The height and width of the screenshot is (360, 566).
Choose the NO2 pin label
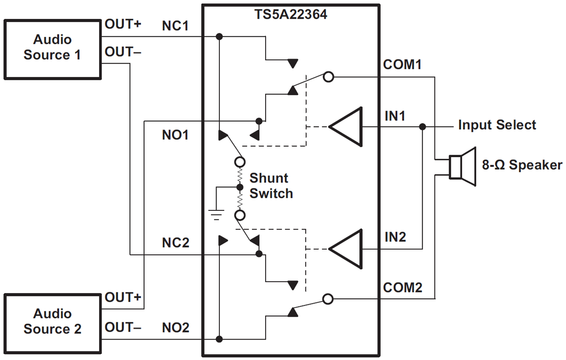coord(175,327)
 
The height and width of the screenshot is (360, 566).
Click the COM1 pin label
coord(402,65)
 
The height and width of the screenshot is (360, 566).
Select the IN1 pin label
coord(395,115)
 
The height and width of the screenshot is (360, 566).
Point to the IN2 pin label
coord(395,237)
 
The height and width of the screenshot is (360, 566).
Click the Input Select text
coord(497,126)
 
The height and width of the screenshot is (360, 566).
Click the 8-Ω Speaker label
coord(522,165)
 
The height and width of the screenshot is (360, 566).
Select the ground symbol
coord(216,215)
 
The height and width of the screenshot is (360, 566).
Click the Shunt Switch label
coord(271,186)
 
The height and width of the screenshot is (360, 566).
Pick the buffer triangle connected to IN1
coord(347,127)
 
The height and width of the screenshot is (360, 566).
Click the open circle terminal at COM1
coord(329,77)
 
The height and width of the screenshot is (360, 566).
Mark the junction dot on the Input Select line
coord(423,127)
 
